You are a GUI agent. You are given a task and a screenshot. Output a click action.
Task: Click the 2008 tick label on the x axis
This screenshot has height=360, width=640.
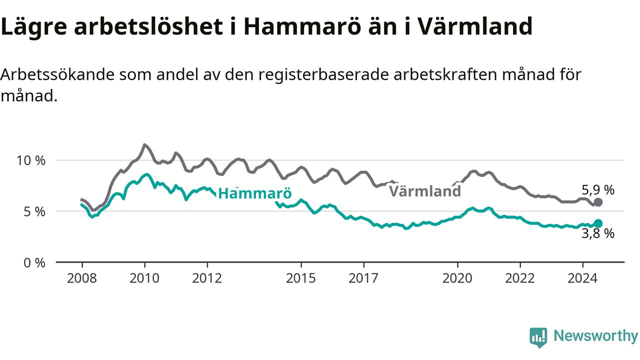click(x=81, y=278)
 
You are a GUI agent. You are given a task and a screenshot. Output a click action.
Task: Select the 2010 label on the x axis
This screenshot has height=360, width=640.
click(x=144, y=278)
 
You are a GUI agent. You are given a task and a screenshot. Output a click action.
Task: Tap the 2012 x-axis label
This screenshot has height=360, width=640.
click(x=207, y=278)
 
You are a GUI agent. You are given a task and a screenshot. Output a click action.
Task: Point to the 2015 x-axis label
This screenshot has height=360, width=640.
click(x=301, y=278)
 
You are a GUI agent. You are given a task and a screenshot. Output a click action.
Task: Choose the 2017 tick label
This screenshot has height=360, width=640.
click(x=363, y=278)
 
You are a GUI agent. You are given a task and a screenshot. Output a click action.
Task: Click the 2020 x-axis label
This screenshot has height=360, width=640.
click(x=457, y=278)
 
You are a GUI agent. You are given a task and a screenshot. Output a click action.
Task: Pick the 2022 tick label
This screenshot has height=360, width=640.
click(x=520, y=278)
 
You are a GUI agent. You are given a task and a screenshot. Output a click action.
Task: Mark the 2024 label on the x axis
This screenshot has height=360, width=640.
click(x=582, y=278)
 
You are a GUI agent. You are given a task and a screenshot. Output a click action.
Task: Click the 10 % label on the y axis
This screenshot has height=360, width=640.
click(x=31, y=161)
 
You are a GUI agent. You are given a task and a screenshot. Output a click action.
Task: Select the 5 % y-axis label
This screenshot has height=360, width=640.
click(x=34, y=212)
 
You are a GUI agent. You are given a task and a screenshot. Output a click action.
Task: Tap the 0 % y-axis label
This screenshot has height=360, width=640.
click(x=34, y=263)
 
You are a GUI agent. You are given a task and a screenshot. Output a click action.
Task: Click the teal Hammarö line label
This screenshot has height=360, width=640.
click(x=255, y=193)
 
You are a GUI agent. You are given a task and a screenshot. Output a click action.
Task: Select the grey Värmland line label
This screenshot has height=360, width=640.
click(x=425, y=191)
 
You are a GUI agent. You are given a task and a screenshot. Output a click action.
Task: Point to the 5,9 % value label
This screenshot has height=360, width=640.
click(x=598, y=190)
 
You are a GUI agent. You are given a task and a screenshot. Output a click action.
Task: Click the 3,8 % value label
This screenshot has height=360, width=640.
click(x=598, y=233)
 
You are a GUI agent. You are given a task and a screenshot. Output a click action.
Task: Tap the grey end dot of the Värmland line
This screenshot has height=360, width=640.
click(x=598, y=202)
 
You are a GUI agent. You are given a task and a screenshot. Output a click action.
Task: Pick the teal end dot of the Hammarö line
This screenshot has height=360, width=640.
click(x=598, y=223)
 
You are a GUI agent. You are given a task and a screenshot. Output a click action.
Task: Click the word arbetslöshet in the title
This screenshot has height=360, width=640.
click(x=148, y=26)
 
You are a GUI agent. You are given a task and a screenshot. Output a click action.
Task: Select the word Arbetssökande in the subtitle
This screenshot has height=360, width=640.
click(x=56, y=75)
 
